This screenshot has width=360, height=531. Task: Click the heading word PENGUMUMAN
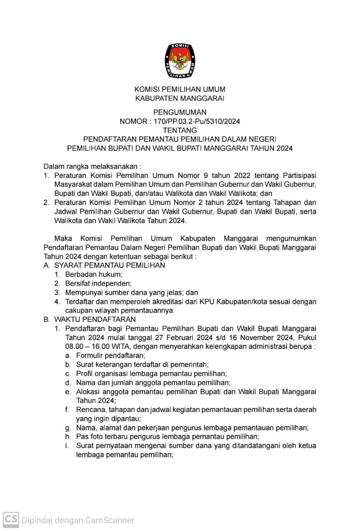180,112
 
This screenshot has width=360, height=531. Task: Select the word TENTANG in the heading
180,130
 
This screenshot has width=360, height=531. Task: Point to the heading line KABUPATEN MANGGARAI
180,98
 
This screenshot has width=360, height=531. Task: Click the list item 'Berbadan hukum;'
94,275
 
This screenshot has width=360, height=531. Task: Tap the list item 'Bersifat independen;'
98,284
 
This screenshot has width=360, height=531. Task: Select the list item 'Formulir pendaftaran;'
110,356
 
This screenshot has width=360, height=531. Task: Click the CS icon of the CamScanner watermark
11,519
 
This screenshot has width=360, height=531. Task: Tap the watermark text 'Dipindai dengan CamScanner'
78,520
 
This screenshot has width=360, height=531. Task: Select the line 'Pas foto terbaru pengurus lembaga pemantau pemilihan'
167,436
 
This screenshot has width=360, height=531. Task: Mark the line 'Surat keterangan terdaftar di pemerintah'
142,365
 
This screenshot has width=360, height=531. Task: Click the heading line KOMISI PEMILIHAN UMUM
180,89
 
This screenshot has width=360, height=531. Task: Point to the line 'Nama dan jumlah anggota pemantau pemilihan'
153,382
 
